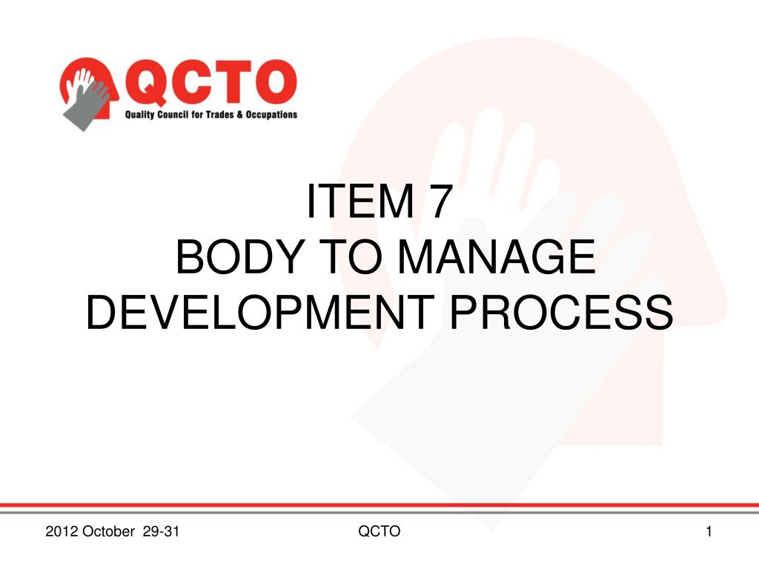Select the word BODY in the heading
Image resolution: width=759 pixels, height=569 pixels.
click(x=240, y=256)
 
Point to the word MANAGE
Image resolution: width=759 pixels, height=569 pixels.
click(x=497, y=256)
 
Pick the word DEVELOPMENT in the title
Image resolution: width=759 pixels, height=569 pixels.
click(x=260, y=312)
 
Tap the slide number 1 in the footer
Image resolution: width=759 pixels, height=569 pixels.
click(x=709, y=531)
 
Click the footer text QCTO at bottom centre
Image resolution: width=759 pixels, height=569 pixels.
click(x=379, y=531)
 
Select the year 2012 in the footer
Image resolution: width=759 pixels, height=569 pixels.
click(x=62, y=531)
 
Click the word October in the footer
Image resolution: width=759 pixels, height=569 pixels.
click(x=108, y=531)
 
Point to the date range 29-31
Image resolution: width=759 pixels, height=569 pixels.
click(x=161, y=531)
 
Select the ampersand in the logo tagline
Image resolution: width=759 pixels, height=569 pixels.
click(x=239, y=115)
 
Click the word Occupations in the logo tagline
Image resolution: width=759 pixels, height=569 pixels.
click(x=271, y=115)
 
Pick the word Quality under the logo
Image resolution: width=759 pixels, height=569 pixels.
click(x=139, y=115)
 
